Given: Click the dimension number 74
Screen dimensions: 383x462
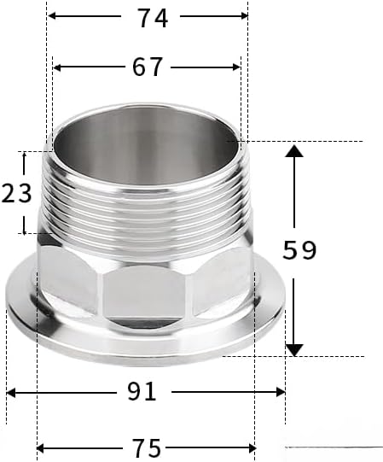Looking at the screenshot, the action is pos(153,18).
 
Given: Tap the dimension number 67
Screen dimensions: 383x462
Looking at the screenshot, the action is pos(148,67).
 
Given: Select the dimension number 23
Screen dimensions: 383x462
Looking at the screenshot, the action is pos(16,193).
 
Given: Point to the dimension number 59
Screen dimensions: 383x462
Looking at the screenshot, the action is pos(299,250).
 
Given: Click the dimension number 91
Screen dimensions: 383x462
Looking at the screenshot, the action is pos(142,391).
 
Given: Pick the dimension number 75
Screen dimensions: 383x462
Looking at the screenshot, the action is pos(147,447).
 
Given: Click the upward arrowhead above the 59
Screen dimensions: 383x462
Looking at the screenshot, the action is pos(294,150).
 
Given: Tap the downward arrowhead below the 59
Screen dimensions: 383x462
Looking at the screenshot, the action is pos(294,350).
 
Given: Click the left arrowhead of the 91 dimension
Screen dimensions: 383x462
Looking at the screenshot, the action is pos(11,393).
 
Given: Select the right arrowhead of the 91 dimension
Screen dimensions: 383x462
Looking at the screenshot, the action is pos(281,392).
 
